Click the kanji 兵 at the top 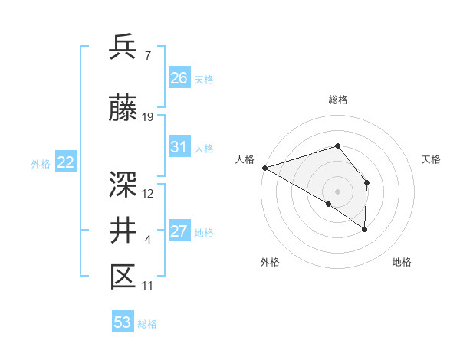click(x=123, y=47)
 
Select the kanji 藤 click(x=123, y=110)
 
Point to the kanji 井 click(x=123, y=230)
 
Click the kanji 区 click(x=123, y=277)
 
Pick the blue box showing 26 click(x=179, y=78)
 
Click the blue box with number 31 click(x=179, y=147)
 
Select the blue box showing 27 click(x=179, y=231)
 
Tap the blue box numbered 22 click(x=65, y=162)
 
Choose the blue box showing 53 click(x=123, y=322)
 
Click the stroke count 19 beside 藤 click(x=148, y=117)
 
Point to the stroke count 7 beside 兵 click(x=147, y=55)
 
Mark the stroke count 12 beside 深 click(x=148, y=193)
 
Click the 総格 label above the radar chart click(x=337, y=100)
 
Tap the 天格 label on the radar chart click(x=432, y=159)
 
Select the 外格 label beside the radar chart click(x=270, y=262)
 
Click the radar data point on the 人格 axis click(x=264, y=167)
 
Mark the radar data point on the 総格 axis click(x=337, y=146)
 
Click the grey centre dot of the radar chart click(x=337, y=190)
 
